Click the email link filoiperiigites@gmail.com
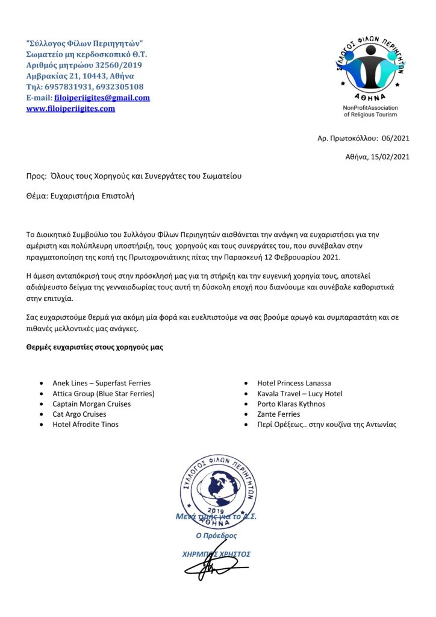(x=102, y=98)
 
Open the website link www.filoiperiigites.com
(x=70, y=109)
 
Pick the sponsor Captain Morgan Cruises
(x=92, y=403)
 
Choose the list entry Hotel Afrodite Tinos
(x=86, y=424)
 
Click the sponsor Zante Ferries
(x=278, y=414)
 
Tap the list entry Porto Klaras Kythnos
(x=291, y=403)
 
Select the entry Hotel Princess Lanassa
(x=294, y=383)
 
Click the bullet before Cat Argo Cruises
(x=40, y=414)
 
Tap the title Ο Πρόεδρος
(x=216, y=536)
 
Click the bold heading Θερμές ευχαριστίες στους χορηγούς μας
(x=95, y=347)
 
